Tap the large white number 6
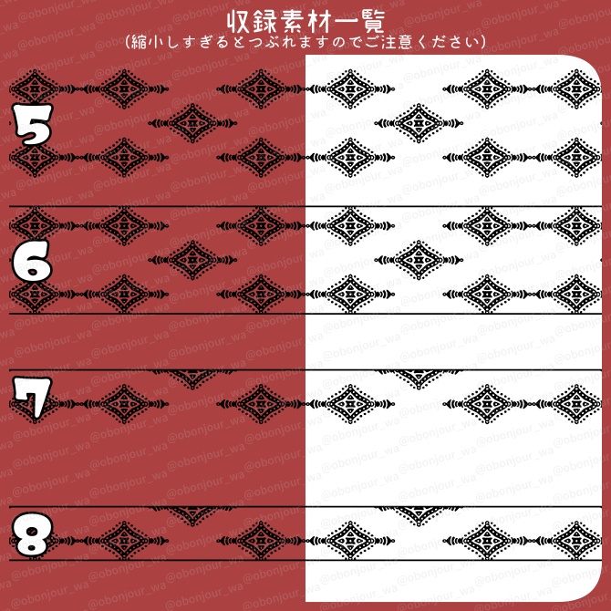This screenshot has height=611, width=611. tap(32, 264)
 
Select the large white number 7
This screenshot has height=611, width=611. tap(30, 399)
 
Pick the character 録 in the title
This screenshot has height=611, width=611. tap(264, 21)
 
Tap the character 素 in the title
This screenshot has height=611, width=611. tap(291, 21)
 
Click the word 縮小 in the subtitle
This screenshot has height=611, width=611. tap(148, 42)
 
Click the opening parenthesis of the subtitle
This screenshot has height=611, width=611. tap(127, 42)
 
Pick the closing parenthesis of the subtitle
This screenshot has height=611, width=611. tap(483, 42)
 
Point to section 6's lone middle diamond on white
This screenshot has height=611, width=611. tap(419, 258)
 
